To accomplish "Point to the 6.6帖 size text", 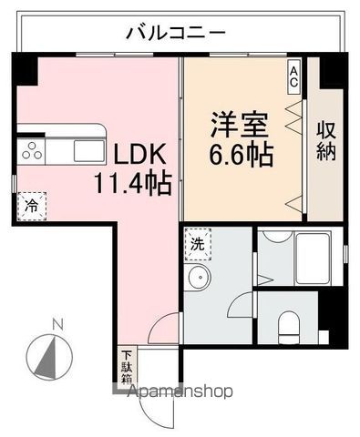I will coord(242,154).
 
